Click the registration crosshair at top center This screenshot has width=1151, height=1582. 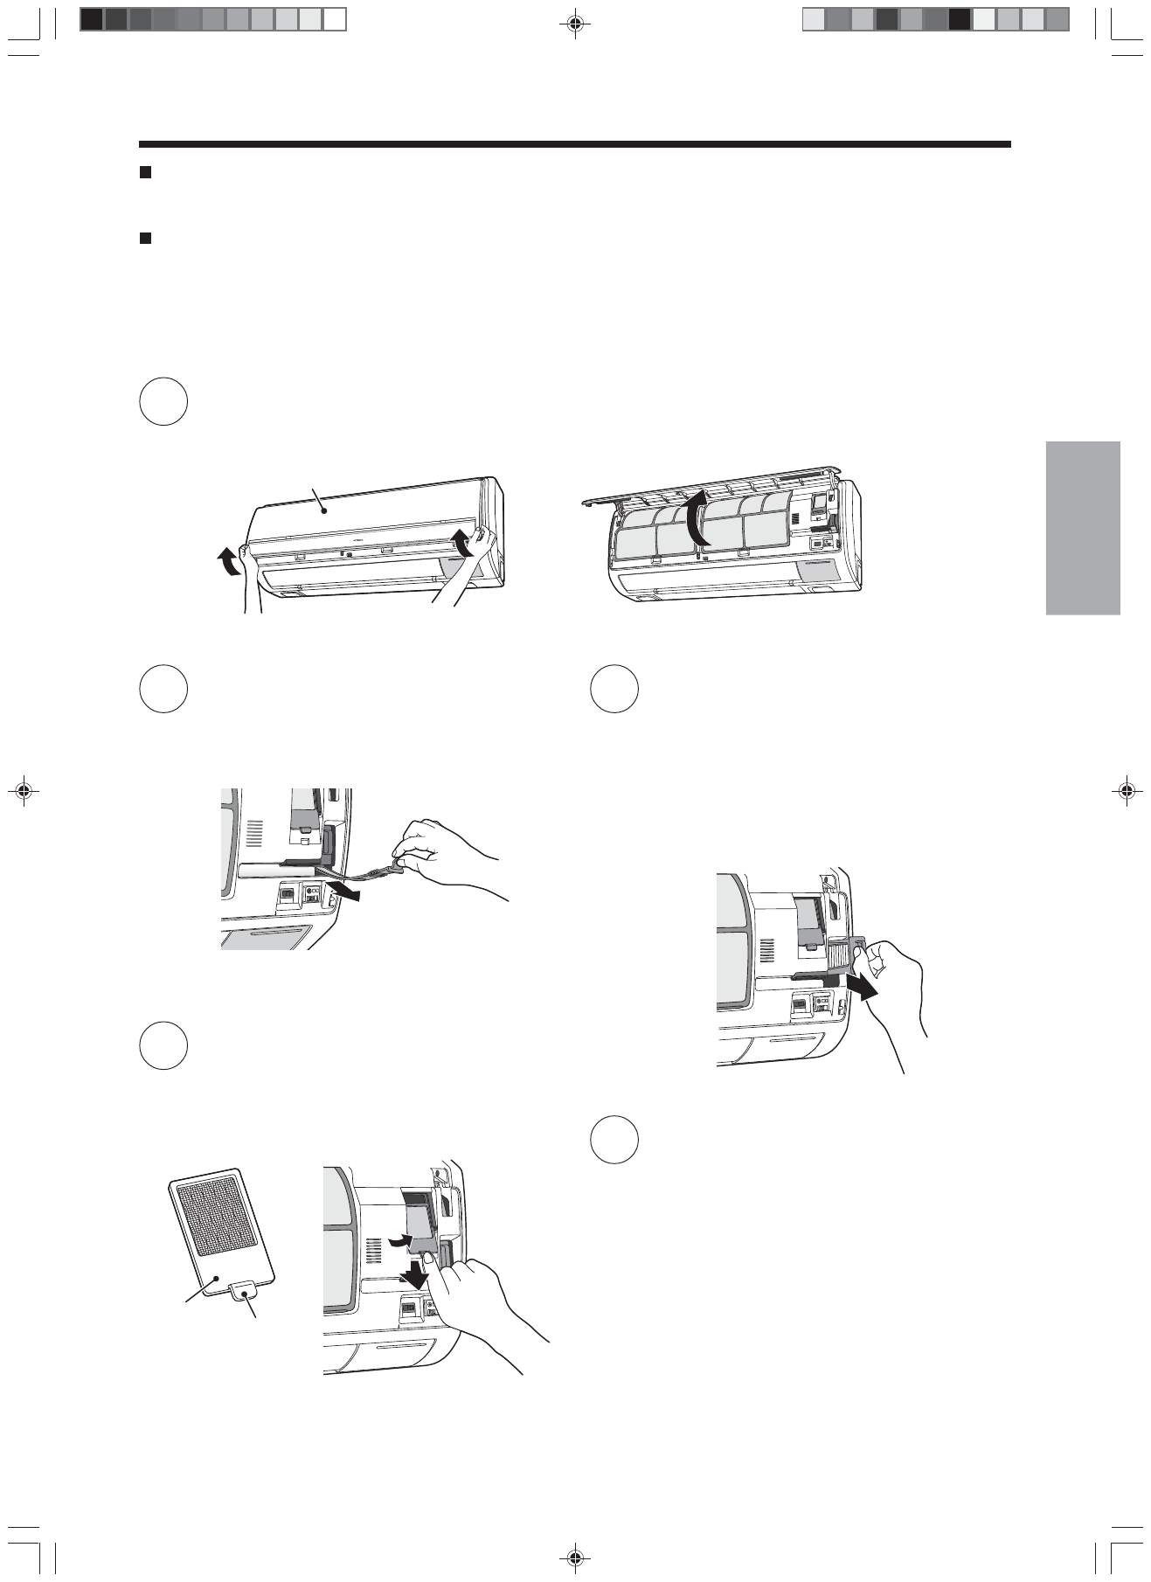coord(575,24)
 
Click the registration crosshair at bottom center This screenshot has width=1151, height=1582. coord(575,1558)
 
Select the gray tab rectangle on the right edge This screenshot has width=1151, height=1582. coord(1082,528)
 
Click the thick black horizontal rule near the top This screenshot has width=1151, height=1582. coord(575,144)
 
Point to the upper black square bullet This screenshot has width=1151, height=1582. coord(146,173)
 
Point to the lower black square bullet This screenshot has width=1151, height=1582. coord(146,237)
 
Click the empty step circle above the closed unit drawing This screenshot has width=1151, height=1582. coord(163,402)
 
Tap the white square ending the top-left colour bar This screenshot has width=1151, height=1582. coord(335,19)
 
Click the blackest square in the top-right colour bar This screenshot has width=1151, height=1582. coord(960,19)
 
